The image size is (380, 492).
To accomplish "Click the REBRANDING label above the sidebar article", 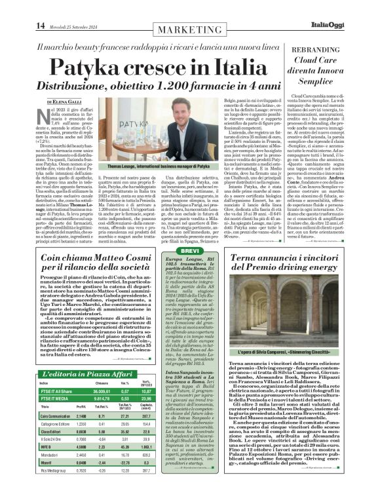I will (331, 50).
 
